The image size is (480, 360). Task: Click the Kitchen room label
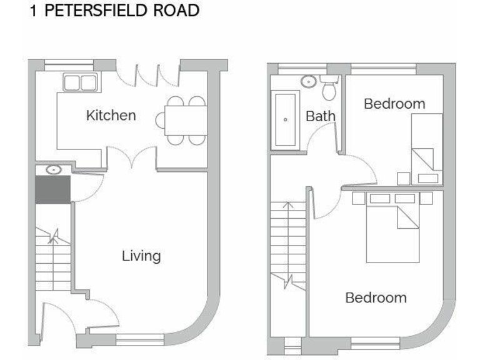click(111, 116)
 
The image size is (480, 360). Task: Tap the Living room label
click(141, 256)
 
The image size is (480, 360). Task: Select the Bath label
click(321, 116)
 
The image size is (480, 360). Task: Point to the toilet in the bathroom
click(329, 89)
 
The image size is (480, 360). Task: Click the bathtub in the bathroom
click(285, 119)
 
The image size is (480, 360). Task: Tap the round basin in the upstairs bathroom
click(308, 81)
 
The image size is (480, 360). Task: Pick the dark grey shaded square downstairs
click(52, 189)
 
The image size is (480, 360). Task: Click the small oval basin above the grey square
click(52, 169)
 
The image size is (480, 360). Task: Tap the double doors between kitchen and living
click(131, 158)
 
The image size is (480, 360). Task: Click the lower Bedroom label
click(376, 297)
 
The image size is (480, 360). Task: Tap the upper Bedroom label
click(394, 104)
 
